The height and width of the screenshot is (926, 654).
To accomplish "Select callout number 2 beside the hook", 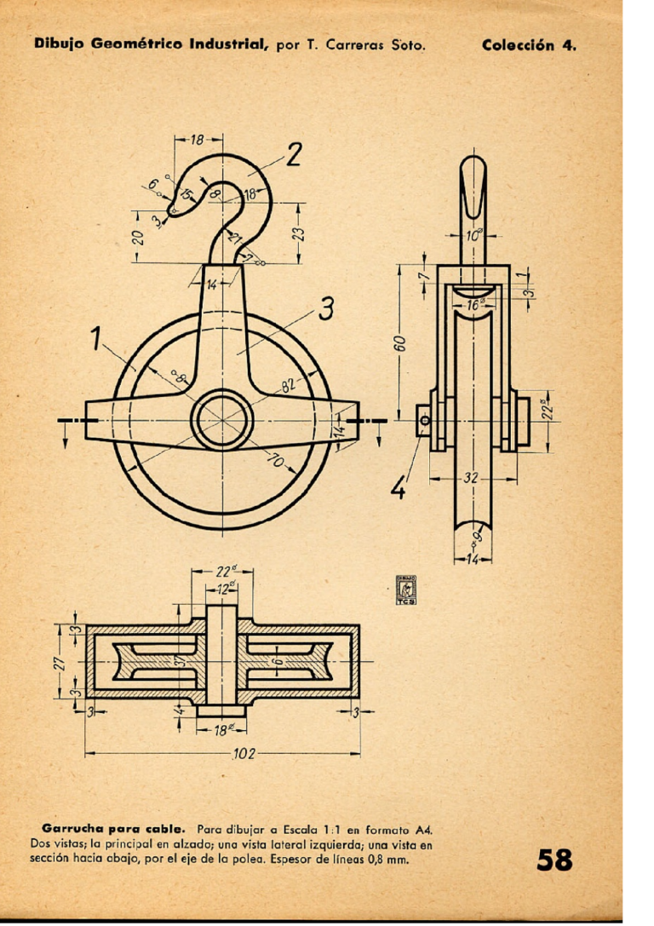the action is click(x=294, y=155).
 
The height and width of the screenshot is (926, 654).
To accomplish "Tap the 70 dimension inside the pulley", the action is click(x=277, y=461).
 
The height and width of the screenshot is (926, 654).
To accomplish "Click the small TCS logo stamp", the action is click(x=405, y=590).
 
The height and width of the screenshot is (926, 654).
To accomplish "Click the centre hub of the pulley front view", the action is click(x=223, y=420).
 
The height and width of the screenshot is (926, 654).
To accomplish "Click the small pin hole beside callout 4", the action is click(x=423, y=419).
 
